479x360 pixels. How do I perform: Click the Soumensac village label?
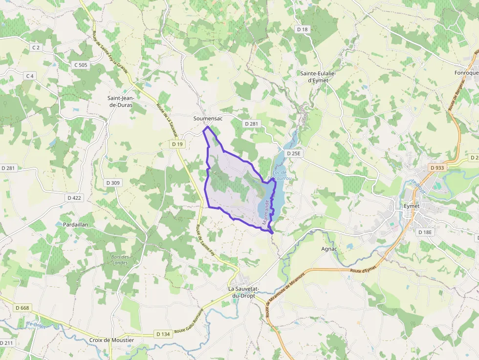click(x=208, y=119)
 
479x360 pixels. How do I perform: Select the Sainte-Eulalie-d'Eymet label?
click(x=322, y=77)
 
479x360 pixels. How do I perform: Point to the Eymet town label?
click(x=412, y=206)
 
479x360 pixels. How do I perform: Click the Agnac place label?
click(x=329, y=249)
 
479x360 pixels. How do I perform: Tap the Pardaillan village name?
click(x=75, y=224)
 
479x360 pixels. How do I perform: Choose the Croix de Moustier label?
click(x=111, y=340)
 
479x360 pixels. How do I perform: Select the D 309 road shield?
click(x=113, y=183)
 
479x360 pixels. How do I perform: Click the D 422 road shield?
click(x=74, y=198)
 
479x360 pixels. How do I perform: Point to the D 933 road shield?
click(x=437, y=168)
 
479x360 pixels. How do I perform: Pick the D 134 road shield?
click(x=163, y=334)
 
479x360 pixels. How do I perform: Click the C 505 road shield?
click(x=81, y=65)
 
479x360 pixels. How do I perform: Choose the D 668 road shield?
click(x=22, y=308)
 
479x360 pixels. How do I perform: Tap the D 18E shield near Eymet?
click(x=425, y=232)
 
